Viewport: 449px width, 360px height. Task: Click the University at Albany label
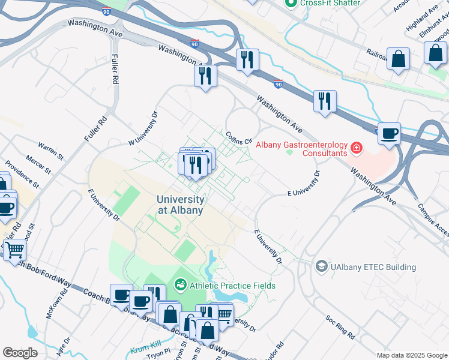[180, 205]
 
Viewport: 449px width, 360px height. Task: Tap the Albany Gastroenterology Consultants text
[301, 148]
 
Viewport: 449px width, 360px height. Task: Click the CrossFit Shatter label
[330, 3]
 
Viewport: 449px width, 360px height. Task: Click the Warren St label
[50, 146]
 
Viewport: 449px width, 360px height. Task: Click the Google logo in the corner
[20, 352]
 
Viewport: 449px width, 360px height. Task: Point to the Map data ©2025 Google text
[412, 355]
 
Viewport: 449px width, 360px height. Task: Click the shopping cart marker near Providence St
[14, 249]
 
